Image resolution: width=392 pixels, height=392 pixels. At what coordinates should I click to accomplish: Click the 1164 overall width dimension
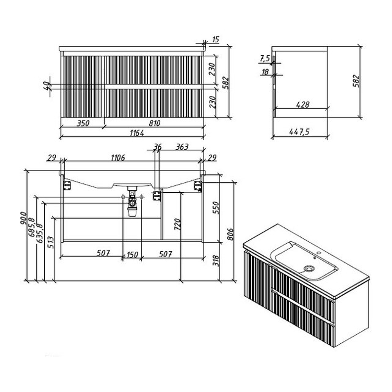(137, 133)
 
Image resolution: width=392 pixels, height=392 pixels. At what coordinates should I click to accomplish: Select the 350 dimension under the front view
(83, 123)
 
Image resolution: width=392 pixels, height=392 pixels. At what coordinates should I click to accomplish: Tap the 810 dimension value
(154, 123)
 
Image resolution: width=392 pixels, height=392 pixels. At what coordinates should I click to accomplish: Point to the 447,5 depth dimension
(299, 131)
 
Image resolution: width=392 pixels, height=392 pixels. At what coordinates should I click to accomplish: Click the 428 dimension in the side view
(303, 105)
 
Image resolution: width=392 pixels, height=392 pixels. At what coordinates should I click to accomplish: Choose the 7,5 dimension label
(265, 59)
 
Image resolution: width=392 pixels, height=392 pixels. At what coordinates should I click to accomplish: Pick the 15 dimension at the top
(216, 40)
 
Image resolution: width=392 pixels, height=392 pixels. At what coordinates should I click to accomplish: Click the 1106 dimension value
(118, 158)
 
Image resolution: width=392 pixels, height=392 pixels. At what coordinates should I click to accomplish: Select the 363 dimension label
(182, 147)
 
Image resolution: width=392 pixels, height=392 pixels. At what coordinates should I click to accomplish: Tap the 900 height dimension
(23, 218)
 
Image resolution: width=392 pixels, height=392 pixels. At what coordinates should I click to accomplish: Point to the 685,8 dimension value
(32, 227)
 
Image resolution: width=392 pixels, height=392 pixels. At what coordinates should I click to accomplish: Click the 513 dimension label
(51, 242)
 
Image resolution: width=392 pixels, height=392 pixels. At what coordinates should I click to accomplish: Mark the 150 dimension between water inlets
(132, 255)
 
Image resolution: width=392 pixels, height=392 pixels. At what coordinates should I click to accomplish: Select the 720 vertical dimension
(177, 224)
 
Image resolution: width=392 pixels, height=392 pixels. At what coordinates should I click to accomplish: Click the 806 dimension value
(230, 234)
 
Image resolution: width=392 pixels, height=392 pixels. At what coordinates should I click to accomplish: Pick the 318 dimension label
(216, 261)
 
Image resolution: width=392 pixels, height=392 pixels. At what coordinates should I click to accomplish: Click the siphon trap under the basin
(132, 201)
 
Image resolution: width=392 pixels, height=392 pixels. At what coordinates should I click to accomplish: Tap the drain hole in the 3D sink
(309, 269)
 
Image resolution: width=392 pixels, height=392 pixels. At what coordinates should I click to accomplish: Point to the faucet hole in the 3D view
(318, 253)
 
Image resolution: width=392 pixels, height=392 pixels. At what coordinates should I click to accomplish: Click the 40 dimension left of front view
(46, 86)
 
